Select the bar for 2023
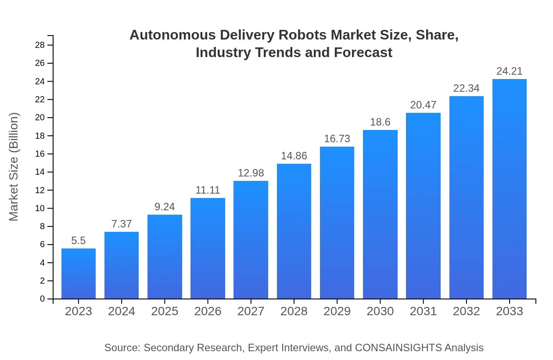click(x=79, y=274)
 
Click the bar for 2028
click(x=294, y=231)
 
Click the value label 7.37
click(x=122, y=224)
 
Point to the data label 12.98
click(x=251, y=173)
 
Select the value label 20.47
click(x=423, y=105)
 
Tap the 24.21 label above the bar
click(x=510, y=71)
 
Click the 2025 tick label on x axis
click(x=165, y=312)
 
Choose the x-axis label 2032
click(x=467, y=312)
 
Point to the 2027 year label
click(x=251, y=312)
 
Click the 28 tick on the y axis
click(x=40, y=45)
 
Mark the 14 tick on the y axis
click(x=40, y=172)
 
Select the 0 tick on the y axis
click(x=43, y=299)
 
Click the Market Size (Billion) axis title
click(x=14, y=167)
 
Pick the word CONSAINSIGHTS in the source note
click(x=398, y=348)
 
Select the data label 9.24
click(x=165, y=207)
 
